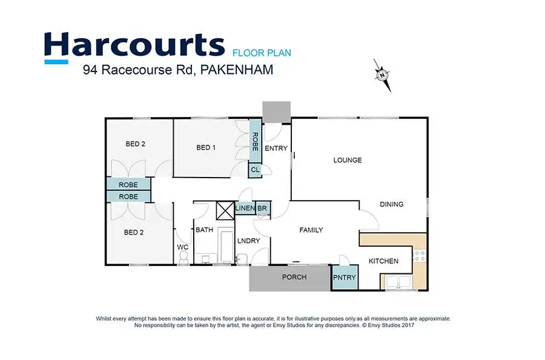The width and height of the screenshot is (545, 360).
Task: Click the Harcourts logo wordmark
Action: coord(134,47)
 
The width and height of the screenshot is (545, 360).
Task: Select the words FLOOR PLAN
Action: coord(262,53)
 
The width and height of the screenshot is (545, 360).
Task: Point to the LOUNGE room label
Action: coord(348,161)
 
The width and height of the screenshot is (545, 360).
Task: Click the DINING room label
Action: coord(391,204)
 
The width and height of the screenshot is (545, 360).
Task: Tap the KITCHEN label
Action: coord(384,261)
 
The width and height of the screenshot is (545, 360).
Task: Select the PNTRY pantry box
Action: coord(345,278)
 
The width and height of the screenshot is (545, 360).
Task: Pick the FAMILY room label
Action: coord(311,230)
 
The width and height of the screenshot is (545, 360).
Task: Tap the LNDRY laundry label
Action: coord(248,241)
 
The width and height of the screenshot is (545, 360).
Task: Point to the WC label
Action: coord(182,247)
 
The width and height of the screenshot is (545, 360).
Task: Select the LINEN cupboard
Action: coord(245,209)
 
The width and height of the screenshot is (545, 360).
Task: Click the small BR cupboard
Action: coord(262,209)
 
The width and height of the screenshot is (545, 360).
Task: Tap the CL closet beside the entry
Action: coord(255,170)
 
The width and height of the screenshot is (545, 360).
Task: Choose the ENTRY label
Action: coord(276,148)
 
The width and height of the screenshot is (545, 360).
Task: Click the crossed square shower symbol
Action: coord(225,210)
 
